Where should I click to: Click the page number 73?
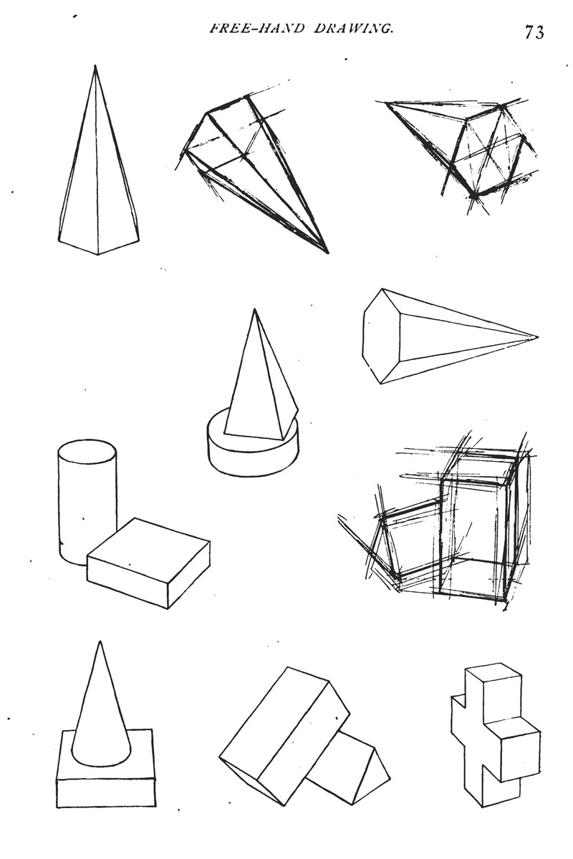(x=534, y=32)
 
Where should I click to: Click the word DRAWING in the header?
(x=352, y=29)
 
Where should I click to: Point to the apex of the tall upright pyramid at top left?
(x=95, y=66)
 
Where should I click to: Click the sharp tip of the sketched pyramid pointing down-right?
(x=328, y=253)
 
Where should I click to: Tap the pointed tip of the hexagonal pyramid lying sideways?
(x=538, y=337)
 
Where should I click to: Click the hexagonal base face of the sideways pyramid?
(x=382, y=336)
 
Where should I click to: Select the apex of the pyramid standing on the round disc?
(x=254, y=309)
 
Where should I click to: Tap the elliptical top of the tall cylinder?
(x=87, y=453)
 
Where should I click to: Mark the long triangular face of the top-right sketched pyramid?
(x=433, y=127)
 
